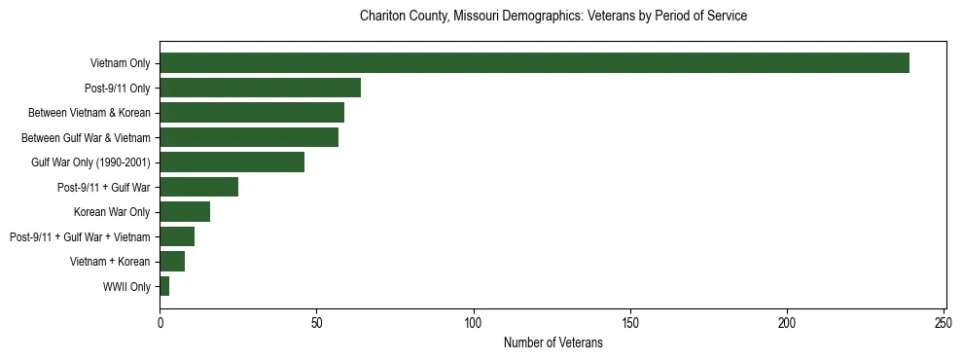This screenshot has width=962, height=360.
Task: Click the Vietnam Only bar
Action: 534,63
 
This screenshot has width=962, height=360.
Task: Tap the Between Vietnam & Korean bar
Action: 252,113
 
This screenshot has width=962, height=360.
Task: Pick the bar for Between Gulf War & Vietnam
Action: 249,137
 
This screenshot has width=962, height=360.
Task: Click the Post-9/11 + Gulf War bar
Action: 198,187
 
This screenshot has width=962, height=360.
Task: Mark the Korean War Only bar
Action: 185,211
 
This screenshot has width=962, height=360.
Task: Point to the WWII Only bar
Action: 164,286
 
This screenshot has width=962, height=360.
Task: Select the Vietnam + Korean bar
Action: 172,261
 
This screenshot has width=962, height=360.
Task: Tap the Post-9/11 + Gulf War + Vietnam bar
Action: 177,236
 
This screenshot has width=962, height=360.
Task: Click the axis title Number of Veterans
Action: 552,342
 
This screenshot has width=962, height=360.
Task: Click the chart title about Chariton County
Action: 552,17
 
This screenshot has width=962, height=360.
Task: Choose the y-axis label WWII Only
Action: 126,287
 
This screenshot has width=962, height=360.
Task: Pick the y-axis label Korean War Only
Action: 112,212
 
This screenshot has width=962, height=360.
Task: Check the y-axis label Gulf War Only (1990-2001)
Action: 90,162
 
